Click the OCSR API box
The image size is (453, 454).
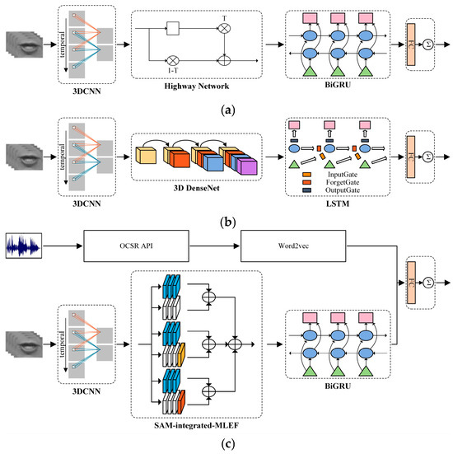[137, 246]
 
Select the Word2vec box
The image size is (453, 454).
[293, 246]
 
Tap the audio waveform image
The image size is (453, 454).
[24, 246]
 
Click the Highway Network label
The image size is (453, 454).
[197, 86]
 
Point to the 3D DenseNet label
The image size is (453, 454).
[197, 188]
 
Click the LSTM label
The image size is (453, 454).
[338, 204]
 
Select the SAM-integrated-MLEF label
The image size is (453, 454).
[197, 425]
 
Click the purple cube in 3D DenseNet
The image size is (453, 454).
[247, 167]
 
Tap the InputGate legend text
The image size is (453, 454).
[343, 175]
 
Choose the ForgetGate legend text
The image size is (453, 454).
[343, 182]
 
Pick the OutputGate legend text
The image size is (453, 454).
[343, 190]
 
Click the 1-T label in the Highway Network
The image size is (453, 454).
[173, 70]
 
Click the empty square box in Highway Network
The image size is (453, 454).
[173, 28]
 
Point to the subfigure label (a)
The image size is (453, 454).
[228, 110]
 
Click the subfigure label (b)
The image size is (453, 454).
[228, 222]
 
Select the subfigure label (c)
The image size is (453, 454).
[228, 443]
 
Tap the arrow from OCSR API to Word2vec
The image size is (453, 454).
[214, 246]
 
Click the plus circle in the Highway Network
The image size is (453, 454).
[224, 61]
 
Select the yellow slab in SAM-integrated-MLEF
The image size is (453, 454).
[181, 354]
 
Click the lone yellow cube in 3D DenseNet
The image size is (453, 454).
[146, 156]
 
